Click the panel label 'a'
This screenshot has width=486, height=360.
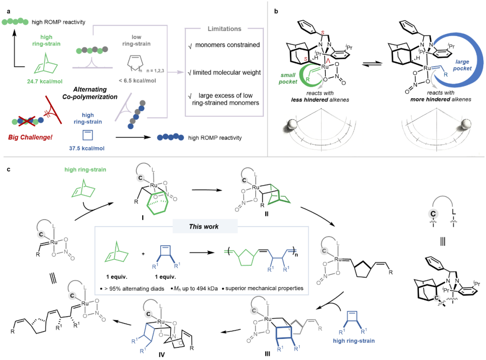point(9,11)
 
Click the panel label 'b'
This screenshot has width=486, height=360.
point(276,11)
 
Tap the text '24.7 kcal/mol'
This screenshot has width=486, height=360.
point(45,81)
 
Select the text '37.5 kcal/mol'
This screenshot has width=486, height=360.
point(87,148)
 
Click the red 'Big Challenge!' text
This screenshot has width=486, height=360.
point(30,137)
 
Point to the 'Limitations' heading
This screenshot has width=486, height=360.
point(225,29)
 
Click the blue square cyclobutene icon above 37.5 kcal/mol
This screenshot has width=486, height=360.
point(88,135)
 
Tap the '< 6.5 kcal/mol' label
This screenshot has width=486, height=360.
point(137,81)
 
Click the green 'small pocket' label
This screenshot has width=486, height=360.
point(288,78)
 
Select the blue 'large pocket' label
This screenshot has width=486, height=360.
point(462,65)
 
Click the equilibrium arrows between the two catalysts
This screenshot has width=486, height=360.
point(372,63)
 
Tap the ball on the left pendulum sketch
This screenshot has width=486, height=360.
point(292,125)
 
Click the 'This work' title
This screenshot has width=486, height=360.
point(204,227)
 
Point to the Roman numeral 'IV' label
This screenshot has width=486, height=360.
point(162,355)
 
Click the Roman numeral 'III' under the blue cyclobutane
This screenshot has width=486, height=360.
point(267,354)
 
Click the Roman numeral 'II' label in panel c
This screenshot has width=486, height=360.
point(266,214)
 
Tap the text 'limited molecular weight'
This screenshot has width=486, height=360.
point(227,72)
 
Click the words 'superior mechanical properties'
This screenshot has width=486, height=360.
point(265,288)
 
